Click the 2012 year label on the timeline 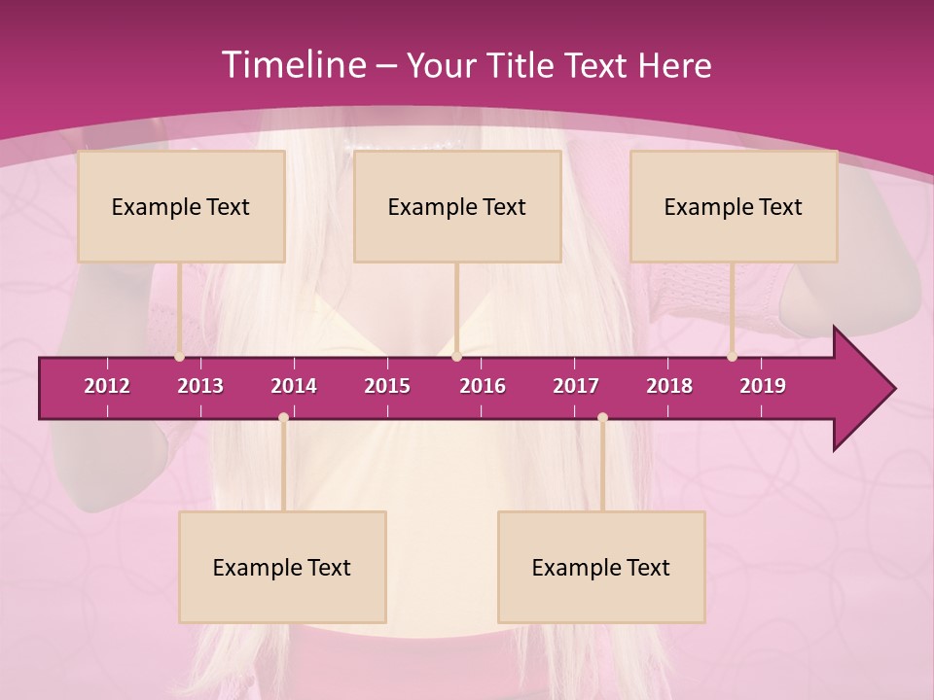[107, 386]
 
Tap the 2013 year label [200, 386]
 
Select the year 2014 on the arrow [294, 386]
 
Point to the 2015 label [387, 386]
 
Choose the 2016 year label [483, 386]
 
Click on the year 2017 [576, 386]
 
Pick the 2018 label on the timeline [669, 386]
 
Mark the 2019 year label [763, 386]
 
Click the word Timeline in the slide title [293, 65]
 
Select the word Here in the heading [674, 65]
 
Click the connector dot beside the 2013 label [179, 357]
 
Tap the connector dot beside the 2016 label [456, 357]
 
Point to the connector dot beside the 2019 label [732, 357]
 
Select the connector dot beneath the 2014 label [283, 418]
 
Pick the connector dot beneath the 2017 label [602, 418]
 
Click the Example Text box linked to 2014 [282, 567]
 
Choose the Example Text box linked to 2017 [601, 567]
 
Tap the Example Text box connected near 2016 [457, 206]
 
